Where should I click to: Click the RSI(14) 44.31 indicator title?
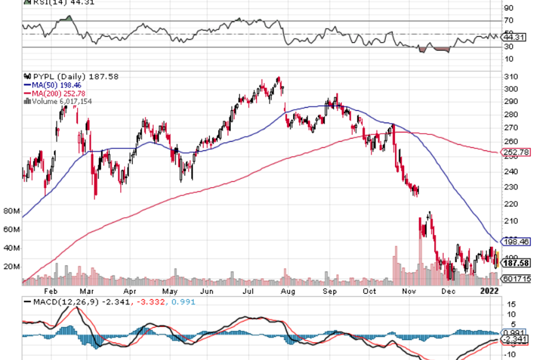pos(63,2)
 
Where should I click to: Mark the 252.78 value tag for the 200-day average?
pos(514,153)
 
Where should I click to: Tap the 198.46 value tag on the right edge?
pos(515,242)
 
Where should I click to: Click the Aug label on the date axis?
pos(288,290)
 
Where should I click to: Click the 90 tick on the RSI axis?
pos(508,9)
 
